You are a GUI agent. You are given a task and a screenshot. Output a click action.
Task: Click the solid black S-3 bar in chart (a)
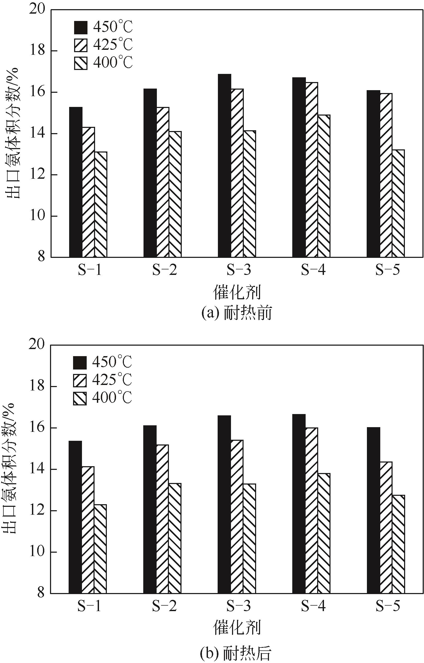click(x=224, y=166)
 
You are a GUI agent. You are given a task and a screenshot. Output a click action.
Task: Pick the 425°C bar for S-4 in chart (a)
click(x=311, y=170)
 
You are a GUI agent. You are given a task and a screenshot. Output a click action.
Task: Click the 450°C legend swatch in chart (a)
click(x=81, y=28)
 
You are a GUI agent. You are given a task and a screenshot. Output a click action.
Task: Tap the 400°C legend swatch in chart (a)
click(x=81, y=63)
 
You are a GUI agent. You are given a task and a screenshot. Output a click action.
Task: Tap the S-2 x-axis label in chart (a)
click(x=164, y=270)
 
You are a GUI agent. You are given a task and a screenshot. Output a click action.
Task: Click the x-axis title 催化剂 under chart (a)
click(x=237, y=292)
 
